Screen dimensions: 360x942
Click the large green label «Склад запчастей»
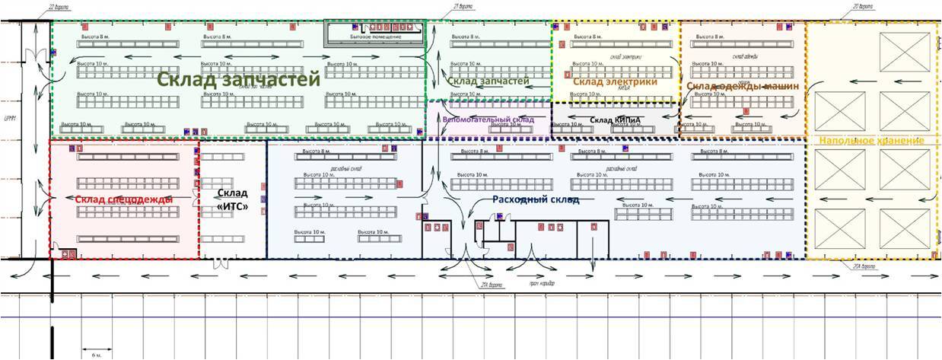pos(237,80)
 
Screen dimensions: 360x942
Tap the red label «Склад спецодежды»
pos(124,199)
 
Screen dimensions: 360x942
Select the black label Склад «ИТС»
pos(233,199)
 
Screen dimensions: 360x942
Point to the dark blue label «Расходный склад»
pos(535,199)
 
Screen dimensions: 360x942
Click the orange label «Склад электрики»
pos(615,82)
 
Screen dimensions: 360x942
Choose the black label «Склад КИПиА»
pos(615,120)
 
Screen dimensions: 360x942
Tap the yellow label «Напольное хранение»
pos(871,141)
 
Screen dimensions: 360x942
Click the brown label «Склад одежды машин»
pos(743,86)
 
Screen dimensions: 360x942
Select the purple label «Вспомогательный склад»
pos(488,119)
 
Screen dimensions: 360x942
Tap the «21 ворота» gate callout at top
pos(463,6)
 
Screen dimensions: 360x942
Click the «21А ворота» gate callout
pos(493,285)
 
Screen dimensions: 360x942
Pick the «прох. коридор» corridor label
pos(542,284)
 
